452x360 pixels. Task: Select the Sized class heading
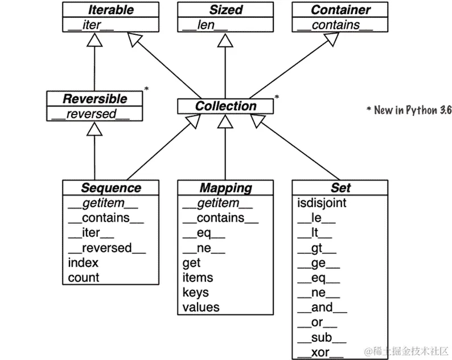[x=226, y=10]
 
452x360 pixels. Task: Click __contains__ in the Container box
[x=336, y=24]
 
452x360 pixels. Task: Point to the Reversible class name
[x=94, y=99]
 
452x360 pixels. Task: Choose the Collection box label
[x=226, y=106]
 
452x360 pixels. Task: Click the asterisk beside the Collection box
[x=277, y=97]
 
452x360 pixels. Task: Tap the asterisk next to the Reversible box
[x=146, y=89]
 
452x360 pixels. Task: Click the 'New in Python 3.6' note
[x=408, y=110]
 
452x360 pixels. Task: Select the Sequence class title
[x=110, y=187]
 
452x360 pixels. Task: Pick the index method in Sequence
[x=83, y=263]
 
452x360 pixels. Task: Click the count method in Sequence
[x=84, y=277]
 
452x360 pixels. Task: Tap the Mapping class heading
[x=226, y=187]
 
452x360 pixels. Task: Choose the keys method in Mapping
[x=196, y=292]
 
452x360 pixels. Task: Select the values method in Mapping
[x=201, y=307]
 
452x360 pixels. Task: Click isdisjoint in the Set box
[x=322, y=203]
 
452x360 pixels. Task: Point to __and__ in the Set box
[x=322, y=308]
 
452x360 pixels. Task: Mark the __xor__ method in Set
[x=320, y=352]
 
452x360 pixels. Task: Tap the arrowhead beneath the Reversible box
[x=94, y=129]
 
